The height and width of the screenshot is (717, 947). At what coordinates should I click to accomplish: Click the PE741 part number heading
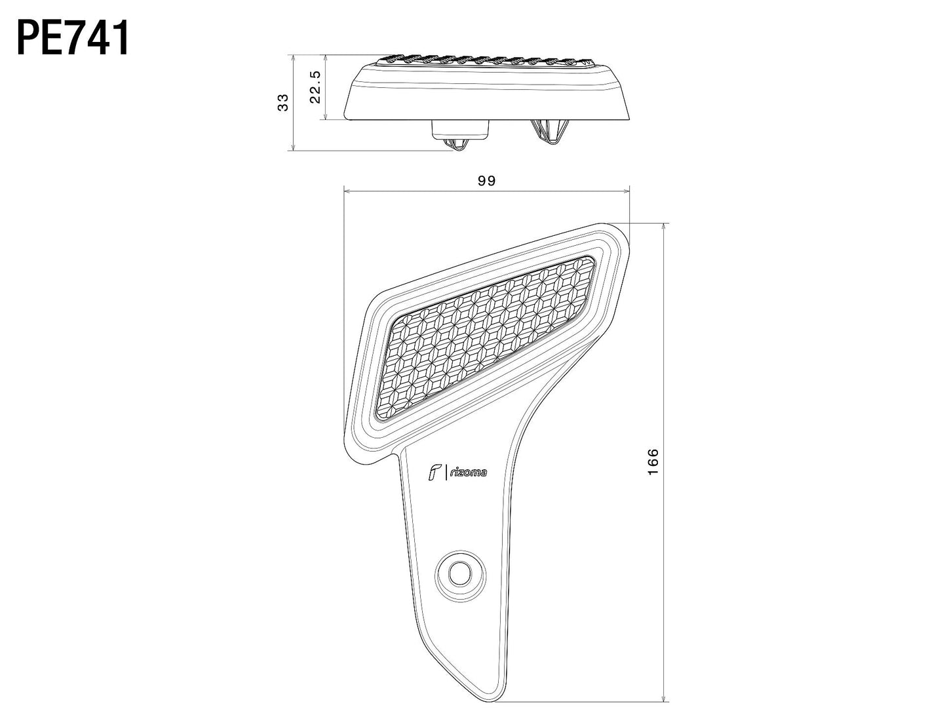pyautogui.click(x=73, y=39)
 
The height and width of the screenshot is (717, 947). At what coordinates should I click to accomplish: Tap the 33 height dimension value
pyautogui.click(x=283, y=103)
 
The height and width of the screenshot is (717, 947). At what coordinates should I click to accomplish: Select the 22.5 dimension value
pyautogui.click(x=315, y=87)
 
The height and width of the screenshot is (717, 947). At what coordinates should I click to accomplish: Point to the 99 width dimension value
pyautogui.click(x=486, y=182)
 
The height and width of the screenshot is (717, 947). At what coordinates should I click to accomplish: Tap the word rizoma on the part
pyautogui.click(x=468, y=472)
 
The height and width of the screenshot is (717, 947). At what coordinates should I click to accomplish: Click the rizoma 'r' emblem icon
pyautogui.click(x=433, y=472)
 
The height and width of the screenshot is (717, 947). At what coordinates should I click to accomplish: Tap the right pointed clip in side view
pyautogui.click(x=549, y=134)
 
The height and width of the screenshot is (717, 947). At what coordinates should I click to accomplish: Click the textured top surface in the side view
pyautogui.click(x=488, y=62)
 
